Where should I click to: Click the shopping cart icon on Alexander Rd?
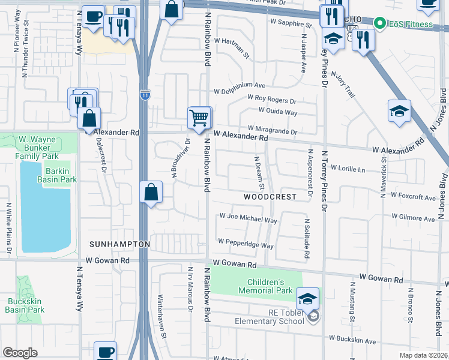pyautogui.click(x=199, y=117)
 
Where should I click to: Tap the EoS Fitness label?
pyautogui.click(x=406, y=24)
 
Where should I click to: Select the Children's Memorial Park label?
pyautogui.click(x=270, y=287)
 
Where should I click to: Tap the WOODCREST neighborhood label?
pyautogui.click(x=270, y=197)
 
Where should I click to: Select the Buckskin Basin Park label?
pyautogui.click(x=25, y=306)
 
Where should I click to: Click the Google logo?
pyautogui.click(x=20, y=353)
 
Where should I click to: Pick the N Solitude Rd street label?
pyautogui.click(x=306, y=239)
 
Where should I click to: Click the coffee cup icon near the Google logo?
pyautogui.click(x=106, y=352)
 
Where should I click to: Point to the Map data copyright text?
pyautogui.click(x=423, y=355)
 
